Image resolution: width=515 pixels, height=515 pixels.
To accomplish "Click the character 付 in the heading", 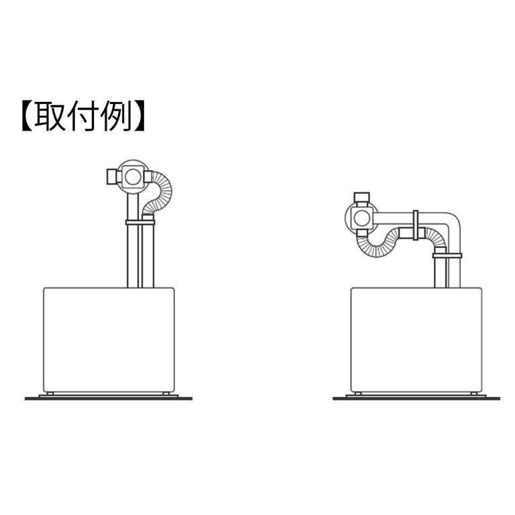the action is (86, 117).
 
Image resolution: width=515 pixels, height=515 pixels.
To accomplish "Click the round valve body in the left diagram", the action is (132, 176).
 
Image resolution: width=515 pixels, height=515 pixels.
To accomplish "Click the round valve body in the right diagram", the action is (362, 217).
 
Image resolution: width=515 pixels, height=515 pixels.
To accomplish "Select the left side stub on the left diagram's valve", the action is (112, 176).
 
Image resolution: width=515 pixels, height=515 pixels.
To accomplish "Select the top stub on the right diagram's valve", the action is (362, 197).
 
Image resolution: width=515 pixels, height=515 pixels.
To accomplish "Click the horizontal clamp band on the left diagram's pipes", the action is (140, 222).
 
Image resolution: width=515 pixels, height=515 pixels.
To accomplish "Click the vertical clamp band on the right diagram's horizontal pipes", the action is (416, 225).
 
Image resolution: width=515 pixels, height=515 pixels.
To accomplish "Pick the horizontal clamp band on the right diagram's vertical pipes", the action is (447, 255).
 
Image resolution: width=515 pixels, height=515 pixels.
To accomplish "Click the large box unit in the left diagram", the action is (109, 339).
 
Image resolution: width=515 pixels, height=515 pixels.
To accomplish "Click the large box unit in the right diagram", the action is (416, 339).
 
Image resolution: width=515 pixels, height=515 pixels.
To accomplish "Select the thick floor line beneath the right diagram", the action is (416, 398).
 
